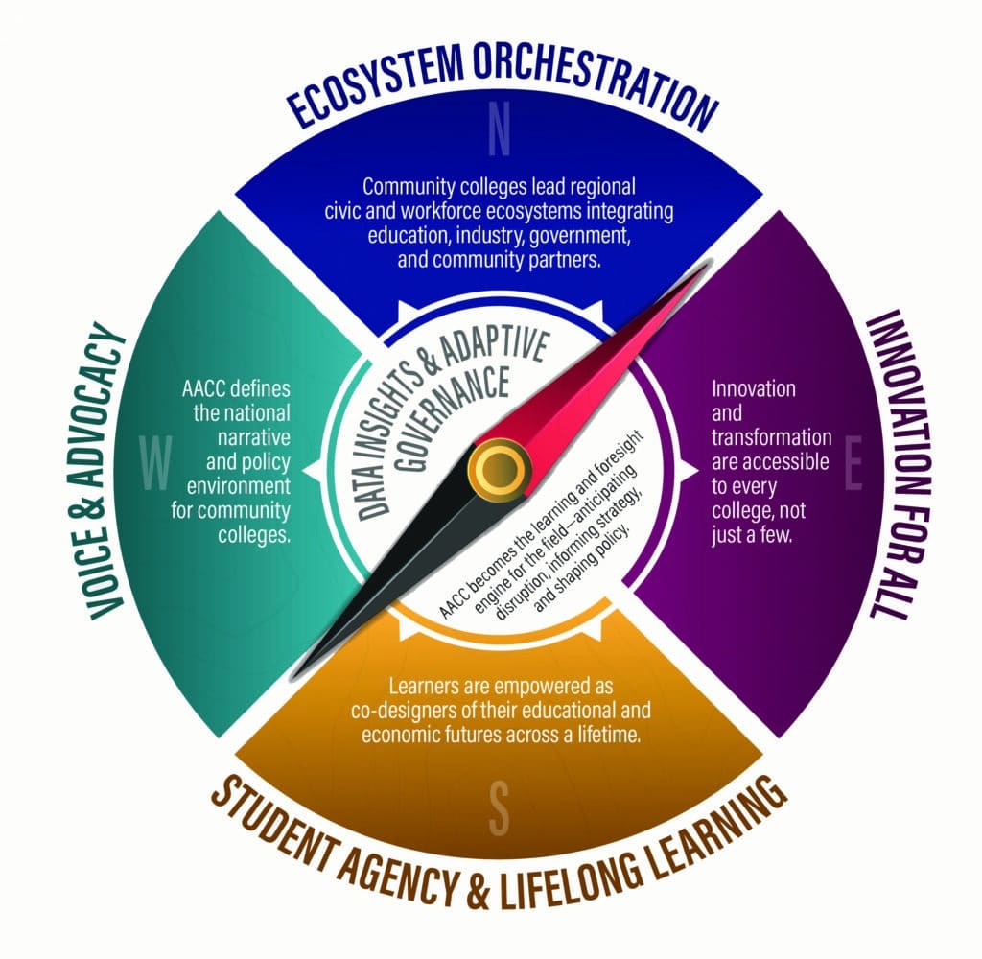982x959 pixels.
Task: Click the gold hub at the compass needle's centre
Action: pyautogui.click(x=498, y=468)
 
